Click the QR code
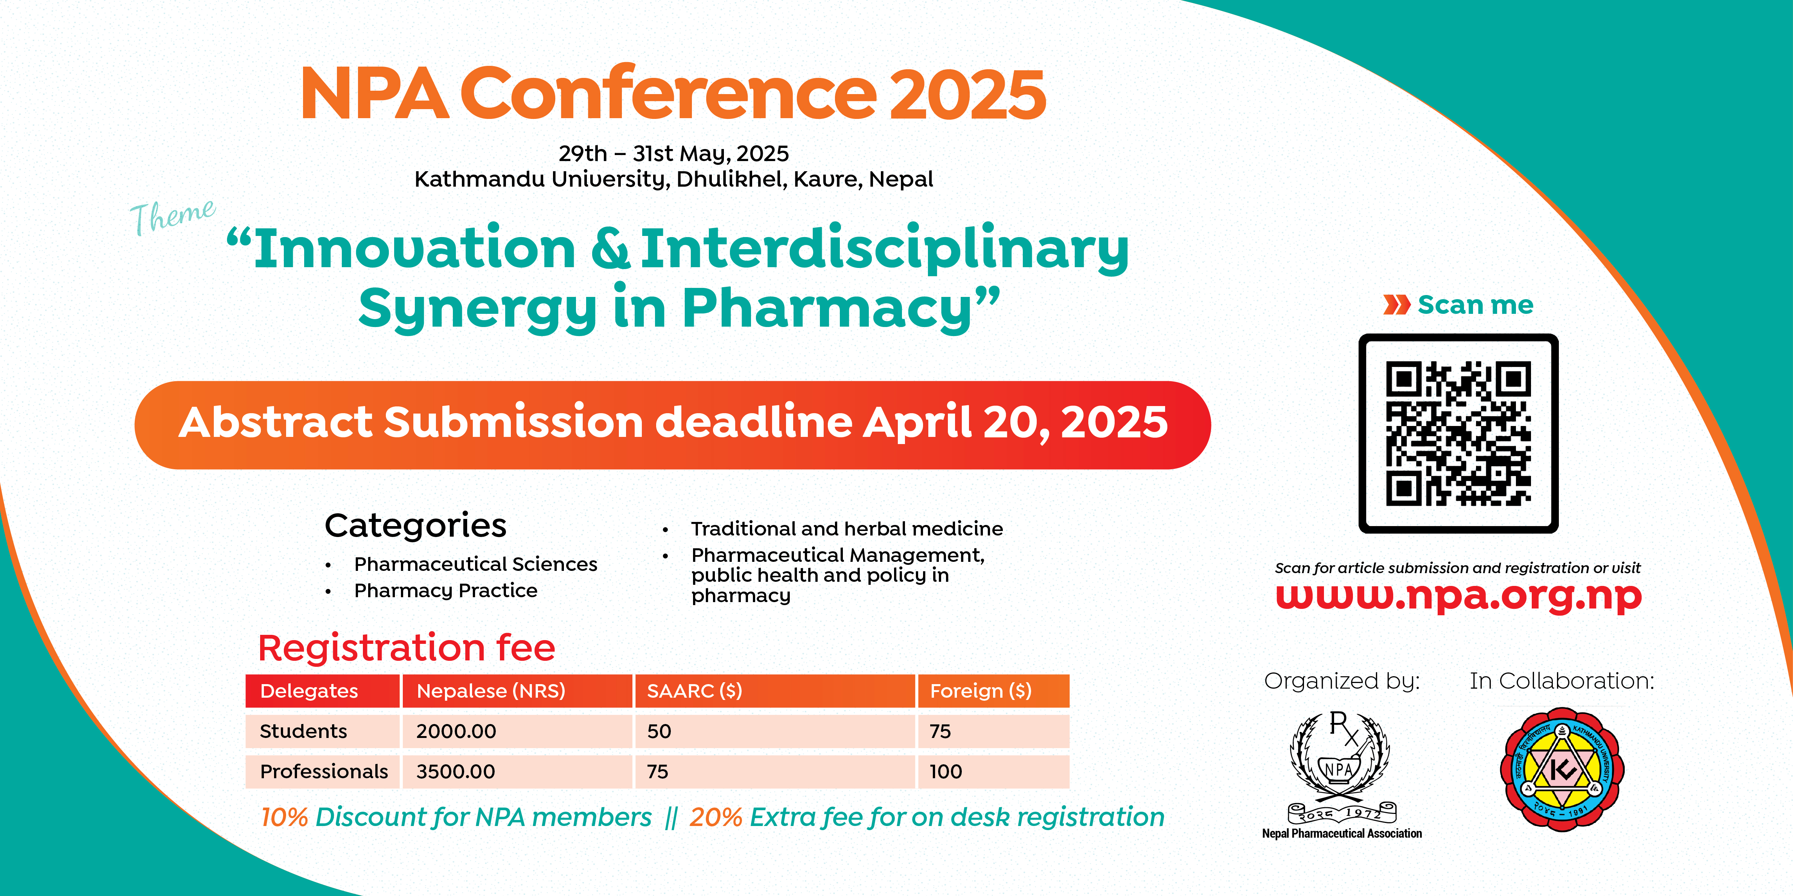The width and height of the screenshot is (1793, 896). coord(1458,434)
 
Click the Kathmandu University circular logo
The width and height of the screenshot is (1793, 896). coord(1562,770)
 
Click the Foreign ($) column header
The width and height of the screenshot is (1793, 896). coord(993,691)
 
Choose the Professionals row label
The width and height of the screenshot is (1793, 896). coord(324,771)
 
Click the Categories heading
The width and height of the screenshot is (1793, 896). coord(416,525)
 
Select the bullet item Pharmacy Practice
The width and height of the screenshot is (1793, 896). coord(445,590)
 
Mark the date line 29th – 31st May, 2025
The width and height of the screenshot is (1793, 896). coord(674,153)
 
